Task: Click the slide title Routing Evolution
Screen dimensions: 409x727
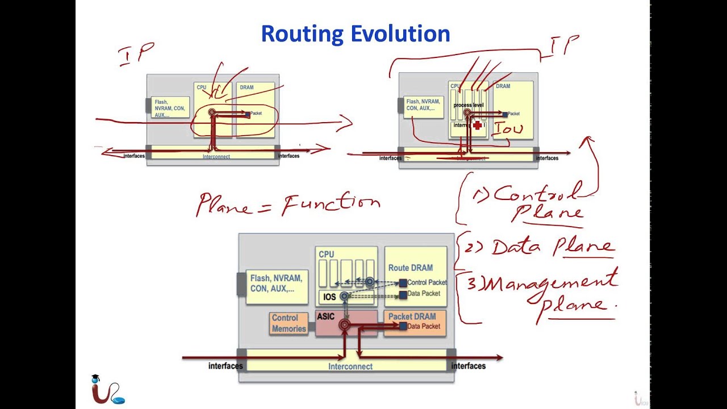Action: click(355, 34)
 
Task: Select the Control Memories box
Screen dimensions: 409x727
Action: click(289, 323)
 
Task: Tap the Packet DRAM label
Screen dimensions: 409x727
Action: click(412, 316)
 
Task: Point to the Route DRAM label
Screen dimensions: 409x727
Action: click(410, 268)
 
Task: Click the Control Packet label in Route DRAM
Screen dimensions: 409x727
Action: click(427, 282)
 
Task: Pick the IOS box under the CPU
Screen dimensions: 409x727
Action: click(330, 297)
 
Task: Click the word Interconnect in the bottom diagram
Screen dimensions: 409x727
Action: click(350, 366)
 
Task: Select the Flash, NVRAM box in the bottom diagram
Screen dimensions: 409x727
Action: click(277, 283)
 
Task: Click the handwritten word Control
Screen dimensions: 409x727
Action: click(537, 194)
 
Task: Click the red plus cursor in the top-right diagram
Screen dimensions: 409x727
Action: click(478, 125)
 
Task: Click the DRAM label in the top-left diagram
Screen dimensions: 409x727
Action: click(246, 87)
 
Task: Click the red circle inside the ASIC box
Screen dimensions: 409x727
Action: click(344, 325)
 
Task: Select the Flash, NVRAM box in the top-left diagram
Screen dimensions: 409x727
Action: click(170, 108)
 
